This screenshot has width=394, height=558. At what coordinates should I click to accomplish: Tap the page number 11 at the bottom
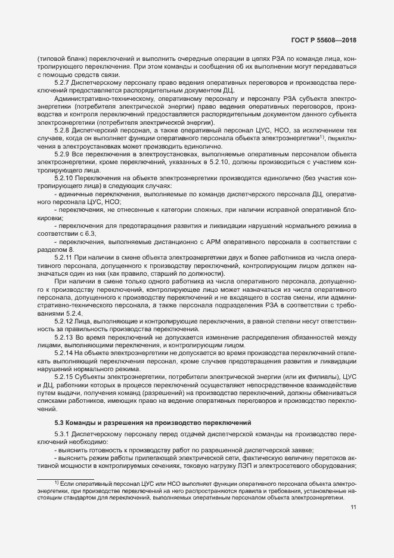353,507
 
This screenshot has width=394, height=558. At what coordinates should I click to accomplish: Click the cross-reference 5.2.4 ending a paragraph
73,313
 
